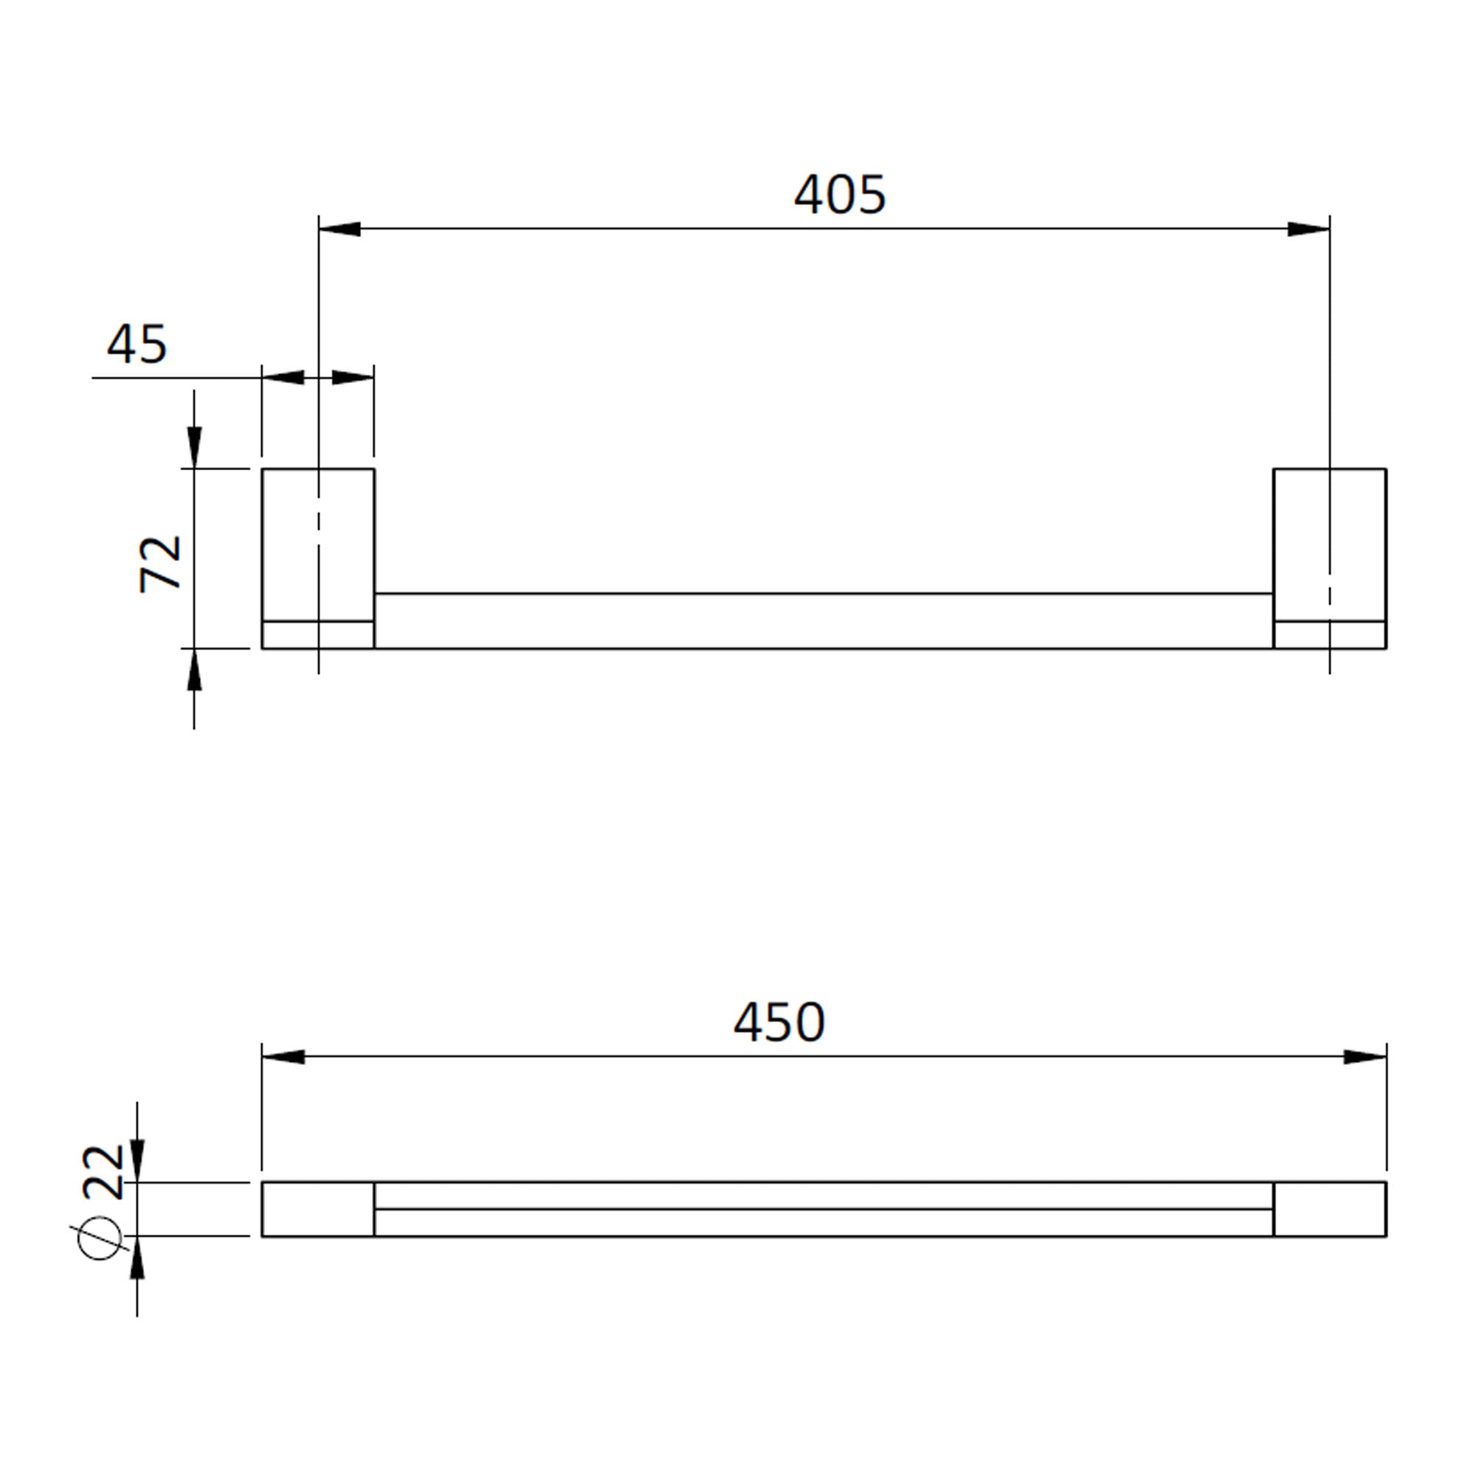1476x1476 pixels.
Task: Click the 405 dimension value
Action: (839, 196)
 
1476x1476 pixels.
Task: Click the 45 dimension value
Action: (137, 345)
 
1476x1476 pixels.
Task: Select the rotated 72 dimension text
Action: (161, 564)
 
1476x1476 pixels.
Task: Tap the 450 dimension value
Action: (779, 1024)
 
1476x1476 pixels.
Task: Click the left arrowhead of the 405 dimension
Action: (340, 229)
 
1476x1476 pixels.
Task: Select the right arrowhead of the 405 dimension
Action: (1308, 229)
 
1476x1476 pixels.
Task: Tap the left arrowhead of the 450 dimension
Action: (283, 1058)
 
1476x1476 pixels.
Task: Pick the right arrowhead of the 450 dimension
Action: (1365, 1058)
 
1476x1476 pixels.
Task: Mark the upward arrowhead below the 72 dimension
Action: (194, 671)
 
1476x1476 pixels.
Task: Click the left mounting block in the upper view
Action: (318, 544)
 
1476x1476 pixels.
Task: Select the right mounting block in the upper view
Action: (1329, 544)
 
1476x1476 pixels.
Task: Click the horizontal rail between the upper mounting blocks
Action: (824, 621)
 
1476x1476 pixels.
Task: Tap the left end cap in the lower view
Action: (318, 1210)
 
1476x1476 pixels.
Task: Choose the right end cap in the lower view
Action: (1329, 1210)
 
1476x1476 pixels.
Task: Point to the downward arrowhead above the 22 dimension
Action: (137, 1161)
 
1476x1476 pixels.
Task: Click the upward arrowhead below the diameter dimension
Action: (137, 1258)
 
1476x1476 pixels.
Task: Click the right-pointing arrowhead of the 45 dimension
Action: (353, 377)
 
